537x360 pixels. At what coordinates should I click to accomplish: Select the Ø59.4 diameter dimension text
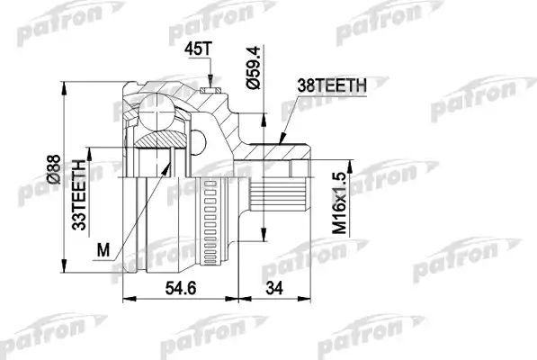pos(254,67)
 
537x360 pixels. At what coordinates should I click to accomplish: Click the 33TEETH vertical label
pos(78,193)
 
